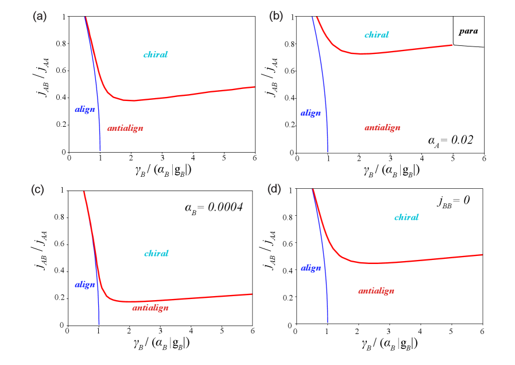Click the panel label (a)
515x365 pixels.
click(40, 17)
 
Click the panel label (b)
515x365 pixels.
click(276, 16)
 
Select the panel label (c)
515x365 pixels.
click(38, 190)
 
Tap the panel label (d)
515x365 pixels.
click(274, 189)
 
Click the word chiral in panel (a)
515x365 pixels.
click(156, 55)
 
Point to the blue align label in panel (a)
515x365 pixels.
click(85, 109)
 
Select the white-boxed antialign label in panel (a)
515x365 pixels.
click(125, 129)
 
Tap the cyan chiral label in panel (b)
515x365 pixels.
click(377, 35)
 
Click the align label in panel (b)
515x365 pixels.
click(311, 113)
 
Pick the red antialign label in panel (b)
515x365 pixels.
click(382, 128)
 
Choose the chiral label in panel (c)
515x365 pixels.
click(156, 253)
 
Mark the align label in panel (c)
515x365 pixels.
click(85, 284)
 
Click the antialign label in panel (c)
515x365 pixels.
click(150, 308)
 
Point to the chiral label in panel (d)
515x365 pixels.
click(406, 217)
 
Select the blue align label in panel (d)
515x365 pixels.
click(311, 268)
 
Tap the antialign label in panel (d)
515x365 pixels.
click(377, 291)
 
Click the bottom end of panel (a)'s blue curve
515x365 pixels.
click(100, 150)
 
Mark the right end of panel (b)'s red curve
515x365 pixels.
click(452, 45)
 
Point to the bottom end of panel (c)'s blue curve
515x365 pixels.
click(99, 324)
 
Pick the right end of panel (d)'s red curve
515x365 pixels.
click(482, 254)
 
